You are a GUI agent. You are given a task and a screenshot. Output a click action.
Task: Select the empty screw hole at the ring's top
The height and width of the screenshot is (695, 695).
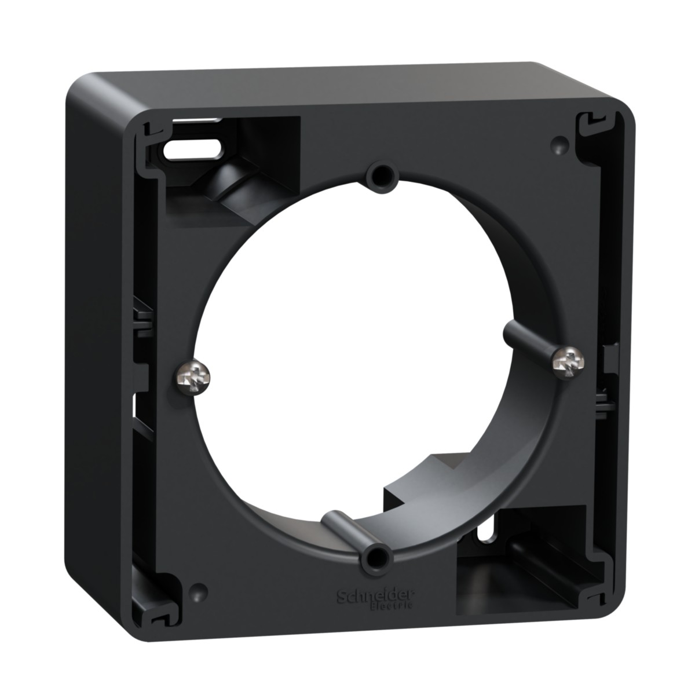point(382,175)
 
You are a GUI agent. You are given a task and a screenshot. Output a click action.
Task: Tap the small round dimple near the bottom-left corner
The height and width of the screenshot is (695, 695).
point(198,591)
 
